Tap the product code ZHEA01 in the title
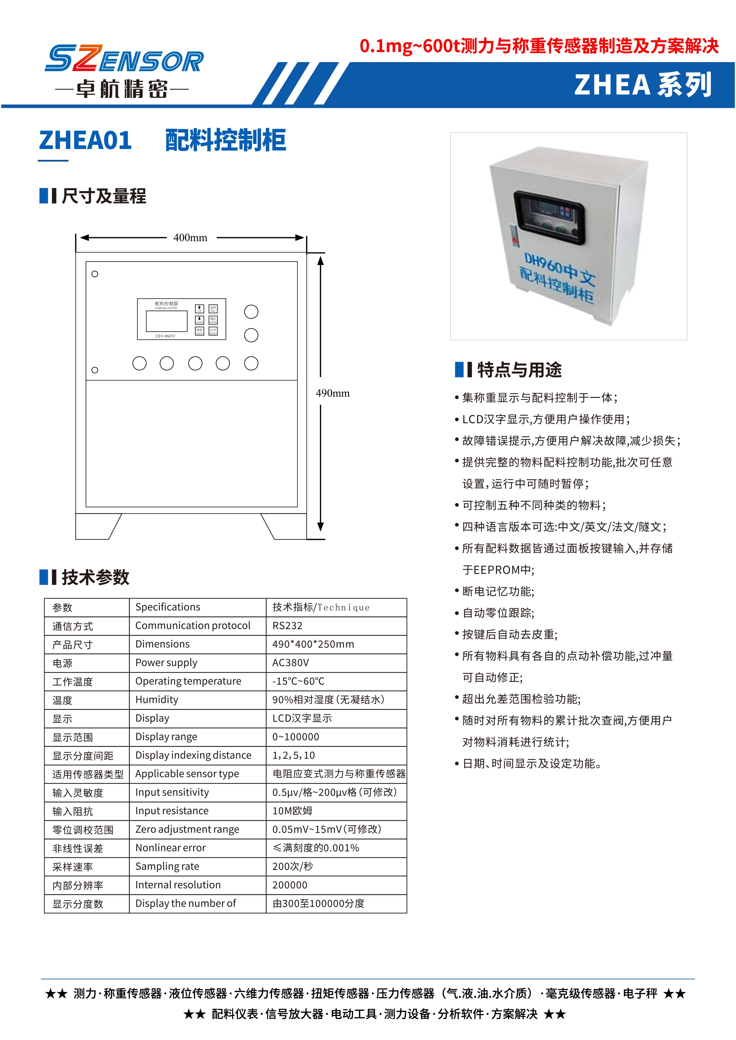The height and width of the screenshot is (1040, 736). pyautogui.click(x=85, y=140)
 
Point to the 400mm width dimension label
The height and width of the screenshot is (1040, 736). pyautogui.click(x=190, y=238)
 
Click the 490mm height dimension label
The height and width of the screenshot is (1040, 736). pyautogui.click(x=333, y=393)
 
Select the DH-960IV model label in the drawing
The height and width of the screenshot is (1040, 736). pyautogui.click(x=165, y=336)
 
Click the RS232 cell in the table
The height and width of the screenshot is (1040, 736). pyautogui.click(x=287, y=626)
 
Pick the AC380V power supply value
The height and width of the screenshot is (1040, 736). pyautogui.click(x=290, y=663)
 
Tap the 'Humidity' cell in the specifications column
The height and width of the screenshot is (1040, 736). pyautogui.click(x=157, y=700)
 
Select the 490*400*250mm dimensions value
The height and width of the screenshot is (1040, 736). pyautogui.click(x=313, y=644)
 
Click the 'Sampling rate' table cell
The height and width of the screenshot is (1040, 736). pyautogui.click(x=167, y=866)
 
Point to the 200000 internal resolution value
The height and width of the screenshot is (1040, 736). pyautogui.click(x=289, y=885)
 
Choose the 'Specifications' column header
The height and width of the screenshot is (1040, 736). pyautogui.click(x=168, y=607)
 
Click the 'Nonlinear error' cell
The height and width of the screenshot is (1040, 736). pyautogui.click(x=170, y=848)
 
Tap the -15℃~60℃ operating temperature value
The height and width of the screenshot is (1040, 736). pyautogui.click(x=298, y=682)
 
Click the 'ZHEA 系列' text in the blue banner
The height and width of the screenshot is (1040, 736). pyautogui.click(x=643, y=85)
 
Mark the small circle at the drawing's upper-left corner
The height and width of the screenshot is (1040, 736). pyautogui.click(x=95, y=274)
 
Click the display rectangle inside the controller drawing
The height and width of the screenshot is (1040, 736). pyautogui.click(x=166, y=321)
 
